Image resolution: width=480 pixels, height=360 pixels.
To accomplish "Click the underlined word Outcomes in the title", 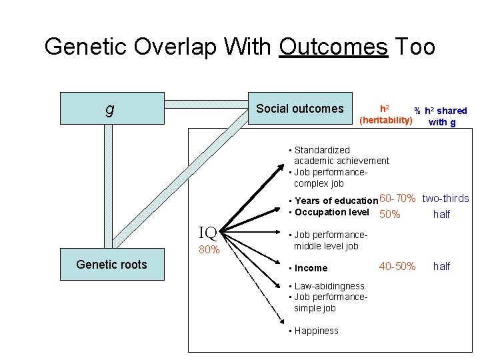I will coord(333,47).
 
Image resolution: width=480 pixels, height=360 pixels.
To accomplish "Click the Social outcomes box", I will coord(299,109).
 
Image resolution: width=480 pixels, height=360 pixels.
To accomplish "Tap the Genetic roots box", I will coord(111,265).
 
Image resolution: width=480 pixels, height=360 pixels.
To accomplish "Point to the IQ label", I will coord(208,233).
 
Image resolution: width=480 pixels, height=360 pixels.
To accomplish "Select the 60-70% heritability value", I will coord(398,199).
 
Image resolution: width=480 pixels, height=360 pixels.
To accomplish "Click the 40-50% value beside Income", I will coord(397,267).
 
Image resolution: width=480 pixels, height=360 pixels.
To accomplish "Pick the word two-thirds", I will coord(445,199).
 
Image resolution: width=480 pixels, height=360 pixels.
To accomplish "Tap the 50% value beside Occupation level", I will coord(389,214).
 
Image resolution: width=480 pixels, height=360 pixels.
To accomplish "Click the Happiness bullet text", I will coord(316,331).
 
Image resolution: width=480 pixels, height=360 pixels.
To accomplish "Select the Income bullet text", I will coord(311,268).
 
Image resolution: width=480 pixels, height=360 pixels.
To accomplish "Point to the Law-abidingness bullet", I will coord(329,286).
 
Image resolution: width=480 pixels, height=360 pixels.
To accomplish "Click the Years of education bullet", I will coord(335,201).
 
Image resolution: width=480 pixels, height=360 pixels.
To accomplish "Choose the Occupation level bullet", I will coord(331,212).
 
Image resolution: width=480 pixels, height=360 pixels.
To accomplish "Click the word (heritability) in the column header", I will coord(385,121).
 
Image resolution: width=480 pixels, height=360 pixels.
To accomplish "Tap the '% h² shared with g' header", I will coord(442,116).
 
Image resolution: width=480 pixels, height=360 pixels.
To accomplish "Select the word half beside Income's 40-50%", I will coord(441,267).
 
